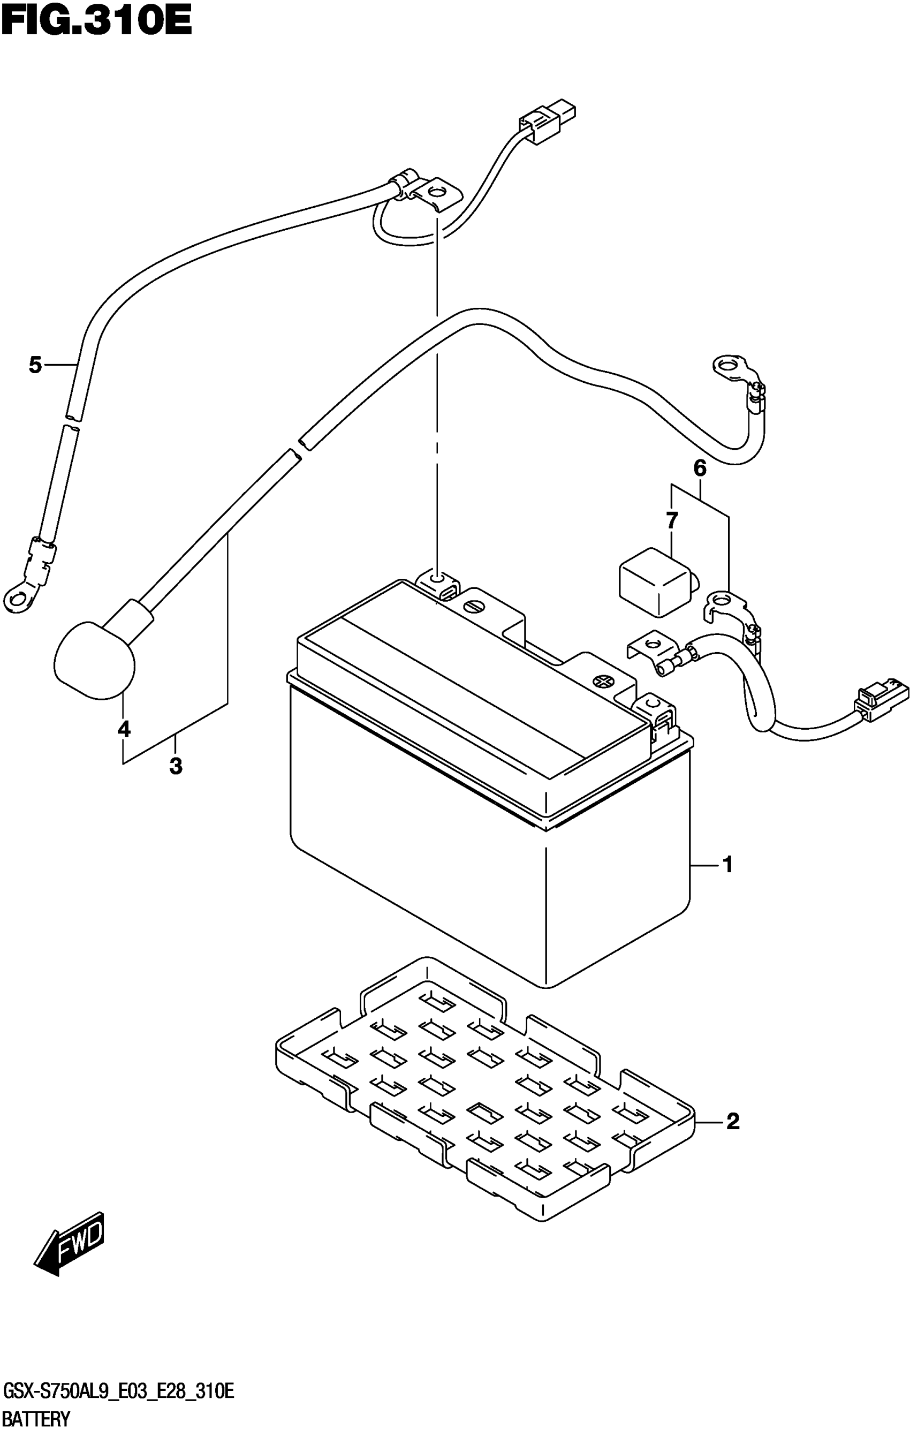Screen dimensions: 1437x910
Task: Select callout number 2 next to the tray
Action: click(733, 1121)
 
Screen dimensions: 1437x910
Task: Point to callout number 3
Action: click(176, 766)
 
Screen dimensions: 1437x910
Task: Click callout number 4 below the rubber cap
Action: click(124, 729)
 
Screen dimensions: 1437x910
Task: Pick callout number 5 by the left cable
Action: click(35, 365)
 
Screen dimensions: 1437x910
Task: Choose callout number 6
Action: click(700, 468)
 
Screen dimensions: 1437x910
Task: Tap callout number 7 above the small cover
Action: click(672, 521)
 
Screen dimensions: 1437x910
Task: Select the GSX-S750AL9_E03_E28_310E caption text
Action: click(118, 1393)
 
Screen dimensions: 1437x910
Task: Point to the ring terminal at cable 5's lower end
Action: click(17, 595)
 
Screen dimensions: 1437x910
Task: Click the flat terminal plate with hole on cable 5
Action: click(437, 193)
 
